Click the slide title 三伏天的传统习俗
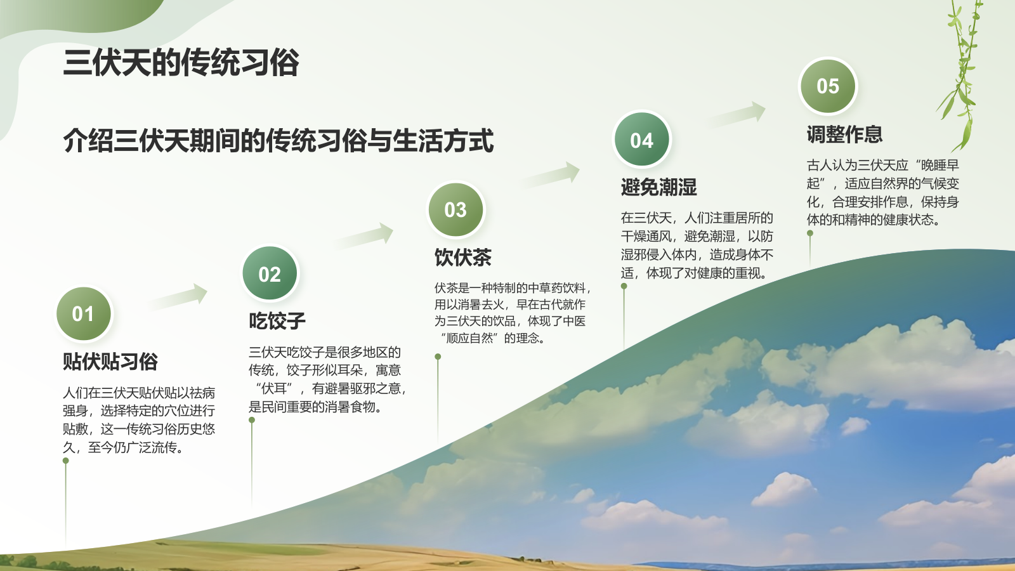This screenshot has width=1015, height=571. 181,63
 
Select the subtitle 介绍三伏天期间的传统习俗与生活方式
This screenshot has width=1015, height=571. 278,141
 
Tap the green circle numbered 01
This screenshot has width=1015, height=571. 84,313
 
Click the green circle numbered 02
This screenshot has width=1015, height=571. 270,273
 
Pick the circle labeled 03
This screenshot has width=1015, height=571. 455,209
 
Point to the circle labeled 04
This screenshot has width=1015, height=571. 641,140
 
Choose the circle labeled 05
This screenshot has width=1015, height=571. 827,86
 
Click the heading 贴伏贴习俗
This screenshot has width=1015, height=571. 110,361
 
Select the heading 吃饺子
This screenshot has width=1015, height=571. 277,320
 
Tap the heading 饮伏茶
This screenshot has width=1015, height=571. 462,257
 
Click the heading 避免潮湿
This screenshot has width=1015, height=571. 658,187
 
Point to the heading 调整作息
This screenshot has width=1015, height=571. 844,135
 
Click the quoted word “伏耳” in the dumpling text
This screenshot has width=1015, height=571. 275,388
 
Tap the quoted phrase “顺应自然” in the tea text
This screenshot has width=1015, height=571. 469,338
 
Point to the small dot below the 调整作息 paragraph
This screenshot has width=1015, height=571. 810,233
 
